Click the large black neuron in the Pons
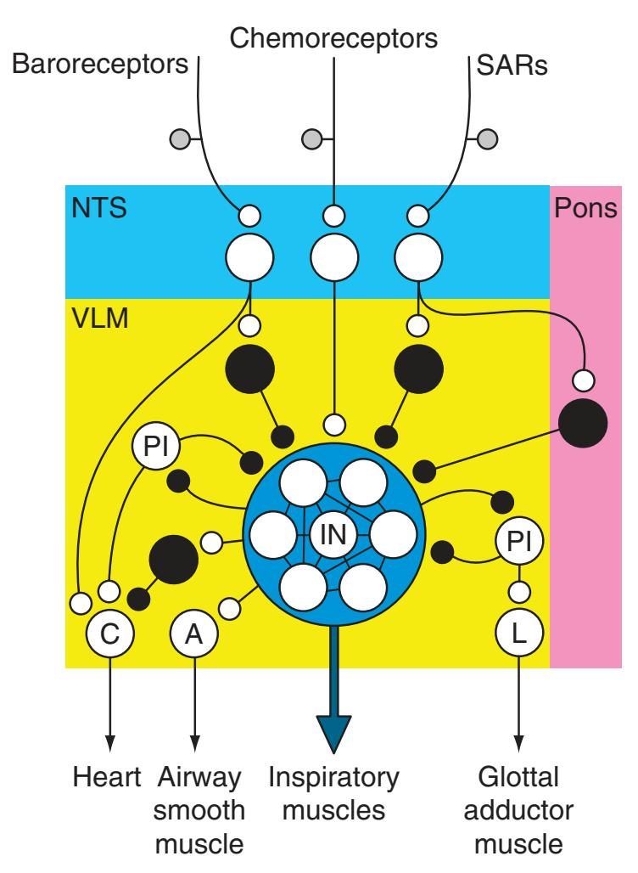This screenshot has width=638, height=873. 584,422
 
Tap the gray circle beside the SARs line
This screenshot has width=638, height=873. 486,138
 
